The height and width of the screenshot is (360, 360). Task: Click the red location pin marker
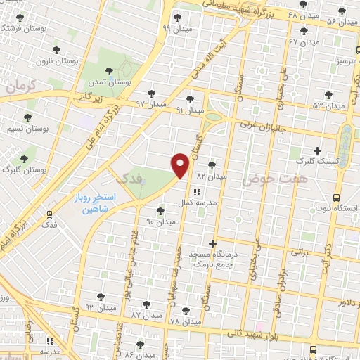(180, 164)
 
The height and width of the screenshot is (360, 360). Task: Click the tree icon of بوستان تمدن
(110, 69)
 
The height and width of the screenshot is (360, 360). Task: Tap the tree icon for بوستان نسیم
(28, 118)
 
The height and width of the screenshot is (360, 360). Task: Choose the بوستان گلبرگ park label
(24, 170)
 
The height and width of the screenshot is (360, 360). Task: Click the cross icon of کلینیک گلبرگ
(317, 150)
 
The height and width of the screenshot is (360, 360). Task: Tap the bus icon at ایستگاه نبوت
(337, 198)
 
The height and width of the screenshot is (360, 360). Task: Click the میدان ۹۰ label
(160, 221)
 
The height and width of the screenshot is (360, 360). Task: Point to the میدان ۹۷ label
(150, 103)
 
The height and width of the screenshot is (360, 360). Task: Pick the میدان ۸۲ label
(212, 176)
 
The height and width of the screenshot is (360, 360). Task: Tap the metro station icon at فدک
(49, 214)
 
